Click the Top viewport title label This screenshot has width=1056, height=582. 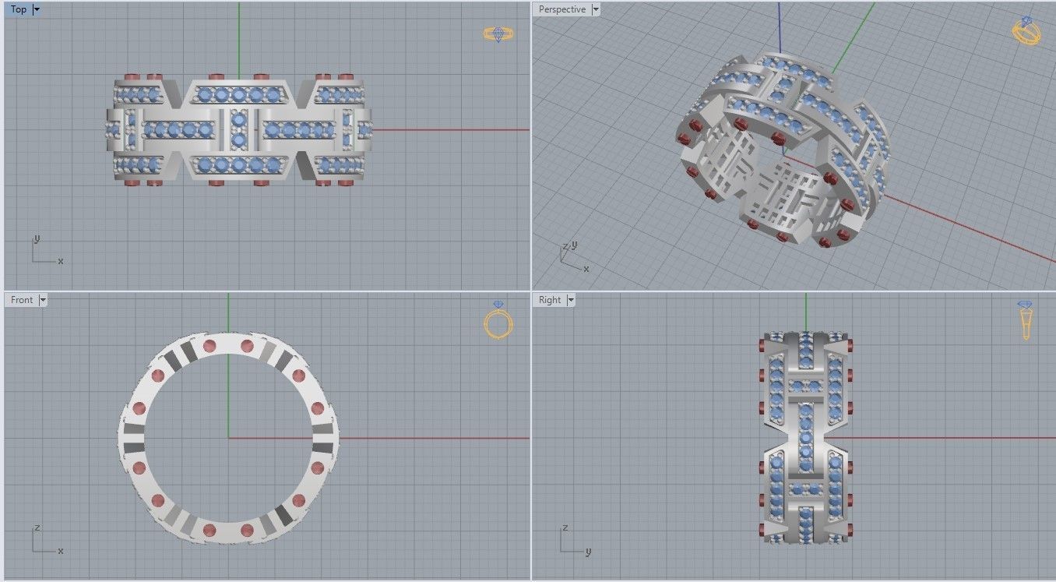pyautogui.click(x=19, y=9)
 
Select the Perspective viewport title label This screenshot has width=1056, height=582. pyautogui.click(x=561, y=9)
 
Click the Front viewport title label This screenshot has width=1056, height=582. pyautogui.click(x=22, y=300)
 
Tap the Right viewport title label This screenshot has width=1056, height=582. pyautogui.click(x=550, y=300)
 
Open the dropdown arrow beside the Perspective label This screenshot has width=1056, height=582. pyautogui.click(x=596, y=9)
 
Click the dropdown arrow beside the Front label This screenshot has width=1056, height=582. pyautogui.click(x=43, y=300)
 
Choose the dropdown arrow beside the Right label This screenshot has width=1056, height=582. pyautogui.click(x=571, y=300)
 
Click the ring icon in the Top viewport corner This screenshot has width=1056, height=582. pyautogui.click(x=498, y=34)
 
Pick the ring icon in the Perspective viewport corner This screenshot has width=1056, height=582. pyautogui.click(x=1026, y=31)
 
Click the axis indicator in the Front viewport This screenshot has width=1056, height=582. pyautogui.click(x=44, y=541)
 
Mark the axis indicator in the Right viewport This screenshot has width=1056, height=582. pyautogui.click(x=572, y=541)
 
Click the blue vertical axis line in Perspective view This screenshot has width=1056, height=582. pyautogui.click(x=780, y=23)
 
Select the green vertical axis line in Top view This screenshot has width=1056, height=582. pyautogui.click(x=239, y=39)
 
